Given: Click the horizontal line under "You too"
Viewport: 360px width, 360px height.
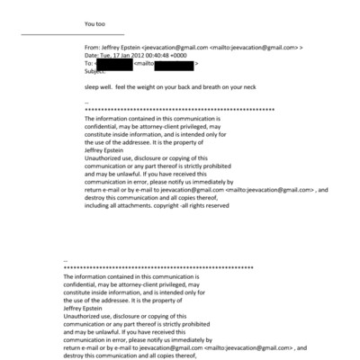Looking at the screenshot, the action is [71, 35].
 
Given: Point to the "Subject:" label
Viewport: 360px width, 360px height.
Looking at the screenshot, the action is [94, 71].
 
